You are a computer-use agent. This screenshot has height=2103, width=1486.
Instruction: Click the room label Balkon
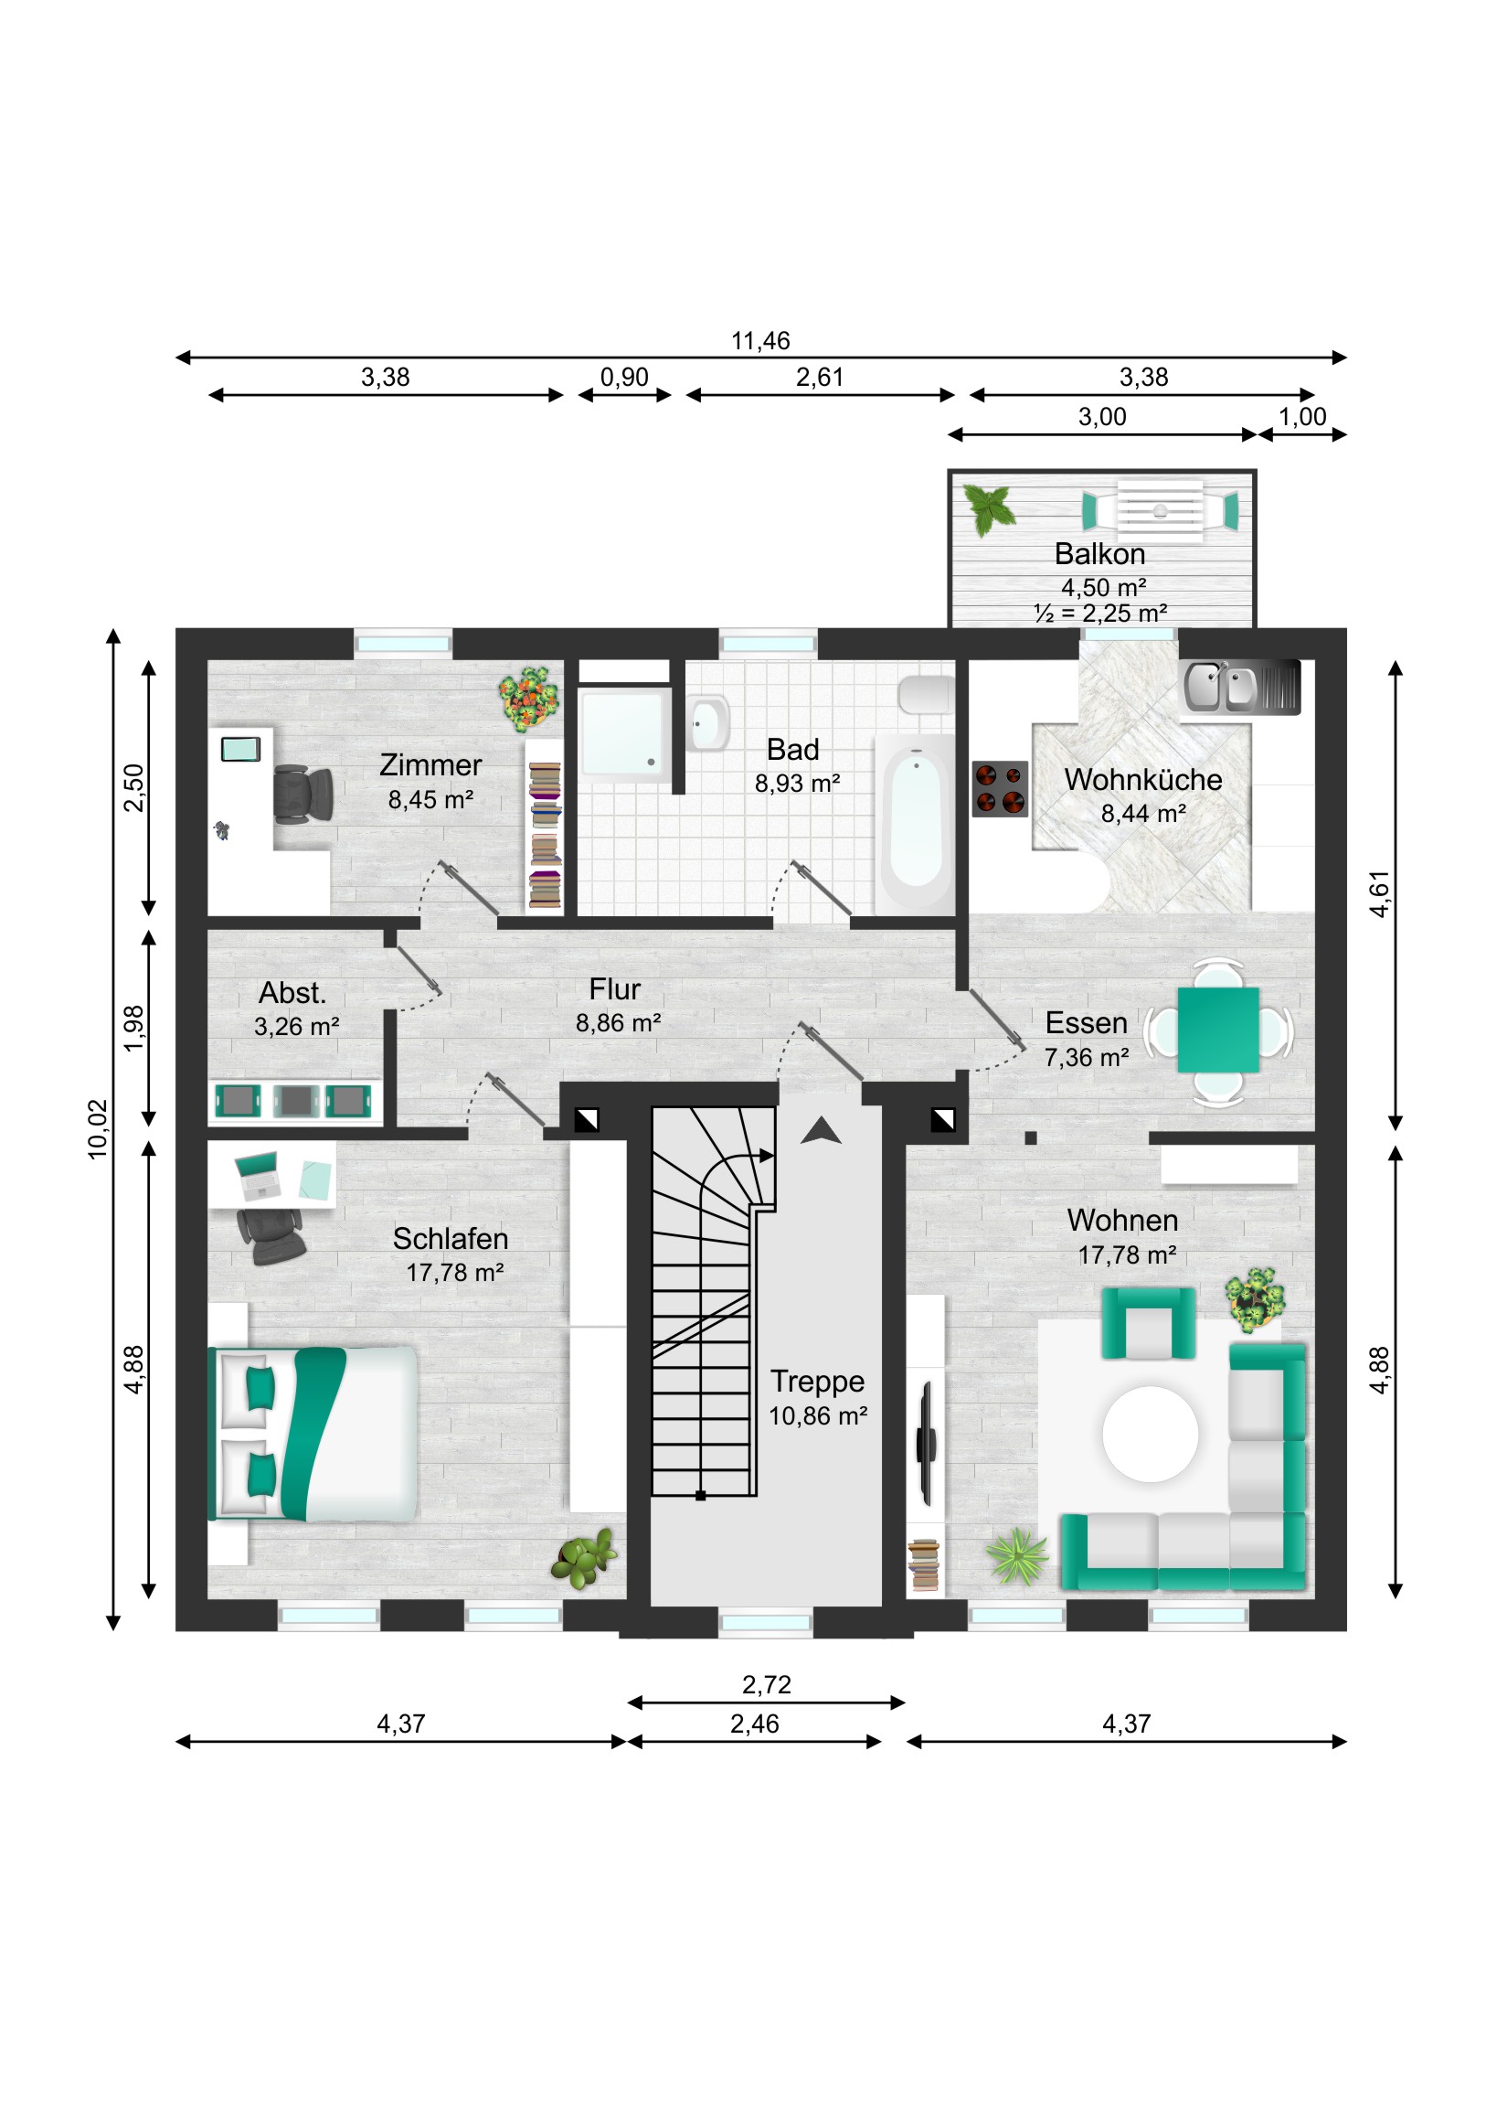[1099, 554]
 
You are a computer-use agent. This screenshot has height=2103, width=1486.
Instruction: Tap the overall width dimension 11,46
[760, 341]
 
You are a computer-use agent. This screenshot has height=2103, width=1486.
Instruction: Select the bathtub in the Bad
[916, 824]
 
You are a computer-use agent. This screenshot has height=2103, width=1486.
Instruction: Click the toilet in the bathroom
[927, 695]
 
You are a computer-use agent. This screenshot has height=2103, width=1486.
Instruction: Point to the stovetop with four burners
[999, 788]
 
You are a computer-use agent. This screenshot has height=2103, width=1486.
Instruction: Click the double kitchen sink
[1240, 687]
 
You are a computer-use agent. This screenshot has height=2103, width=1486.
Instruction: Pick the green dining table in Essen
[1217, 1030]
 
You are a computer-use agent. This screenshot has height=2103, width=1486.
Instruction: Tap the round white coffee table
[1150, 1435]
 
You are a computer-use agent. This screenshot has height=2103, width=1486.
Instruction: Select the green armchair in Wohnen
[1148, 1324]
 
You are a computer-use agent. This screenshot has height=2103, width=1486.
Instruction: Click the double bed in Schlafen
[313, 1435]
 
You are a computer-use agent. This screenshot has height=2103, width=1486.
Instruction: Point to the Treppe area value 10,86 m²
[818, 1416]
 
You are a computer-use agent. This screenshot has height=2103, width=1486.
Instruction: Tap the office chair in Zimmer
[303, 794]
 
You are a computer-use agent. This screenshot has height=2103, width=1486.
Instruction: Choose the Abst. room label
[292, 993]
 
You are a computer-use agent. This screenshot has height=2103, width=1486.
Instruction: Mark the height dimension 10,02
[98, 1129]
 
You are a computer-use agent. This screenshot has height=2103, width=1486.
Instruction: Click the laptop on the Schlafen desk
[259, 1175]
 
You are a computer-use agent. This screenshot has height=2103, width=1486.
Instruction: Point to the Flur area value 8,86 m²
[618, 1023]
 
